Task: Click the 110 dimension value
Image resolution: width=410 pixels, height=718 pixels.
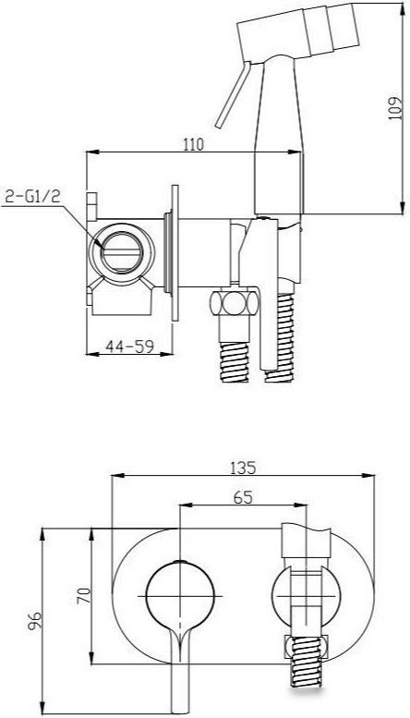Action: (x=193, y=144)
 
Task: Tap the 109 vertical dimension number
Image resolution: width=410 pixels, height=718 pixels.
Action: (x=394, y=107)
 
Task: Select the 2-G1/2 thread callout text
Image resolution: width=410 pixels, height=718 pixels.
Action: (x=32, y=196)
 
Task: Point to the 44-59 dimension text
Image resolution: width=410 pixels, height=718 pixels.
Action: (x=129, y=347)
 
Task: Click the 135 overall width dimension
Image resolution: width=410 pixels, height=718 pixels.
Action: (x=243, y=468)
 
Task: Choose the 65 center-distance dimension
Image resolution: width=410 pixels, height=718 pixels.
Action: (x=243, y=497)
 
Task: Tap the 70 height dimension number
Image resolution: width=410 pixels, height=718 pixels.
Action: (x=85, y=596)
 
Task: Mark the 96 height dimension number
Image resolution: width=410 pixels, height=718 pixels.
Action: (x=35, y=621)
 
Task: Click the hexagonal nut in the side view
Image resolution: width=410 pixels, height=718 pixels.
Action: (x=235, y=303)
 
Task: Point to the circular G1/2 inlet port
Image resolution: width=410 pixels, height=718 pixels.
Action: (x=122, y=252)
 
